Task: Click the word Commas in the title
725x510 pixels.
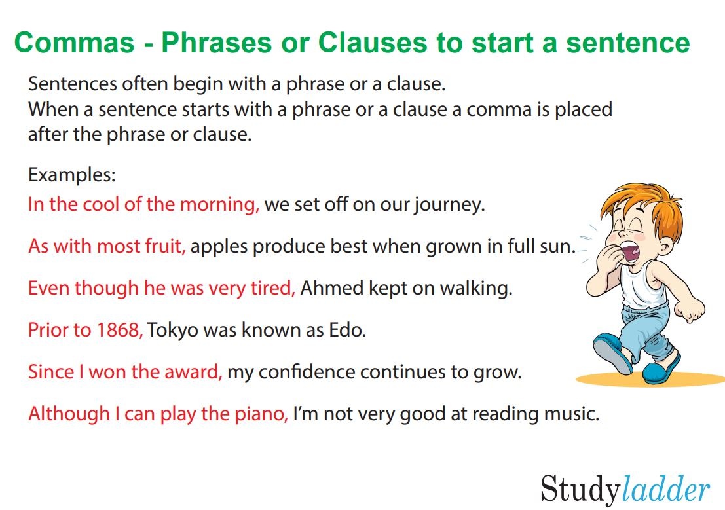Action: point(75,43)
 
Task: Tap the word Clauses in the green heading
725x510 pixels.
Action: point(372,43)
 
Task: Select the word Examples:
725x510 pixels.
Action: point(71,175)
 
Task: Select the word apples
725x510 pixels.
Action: point(219,247)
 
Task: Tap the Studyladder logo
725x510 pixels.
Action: point(625,489)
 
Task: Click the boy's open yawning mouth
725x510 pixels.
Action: point(630,252)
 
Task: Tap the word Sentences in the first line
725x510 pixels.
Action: point(72,84)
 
